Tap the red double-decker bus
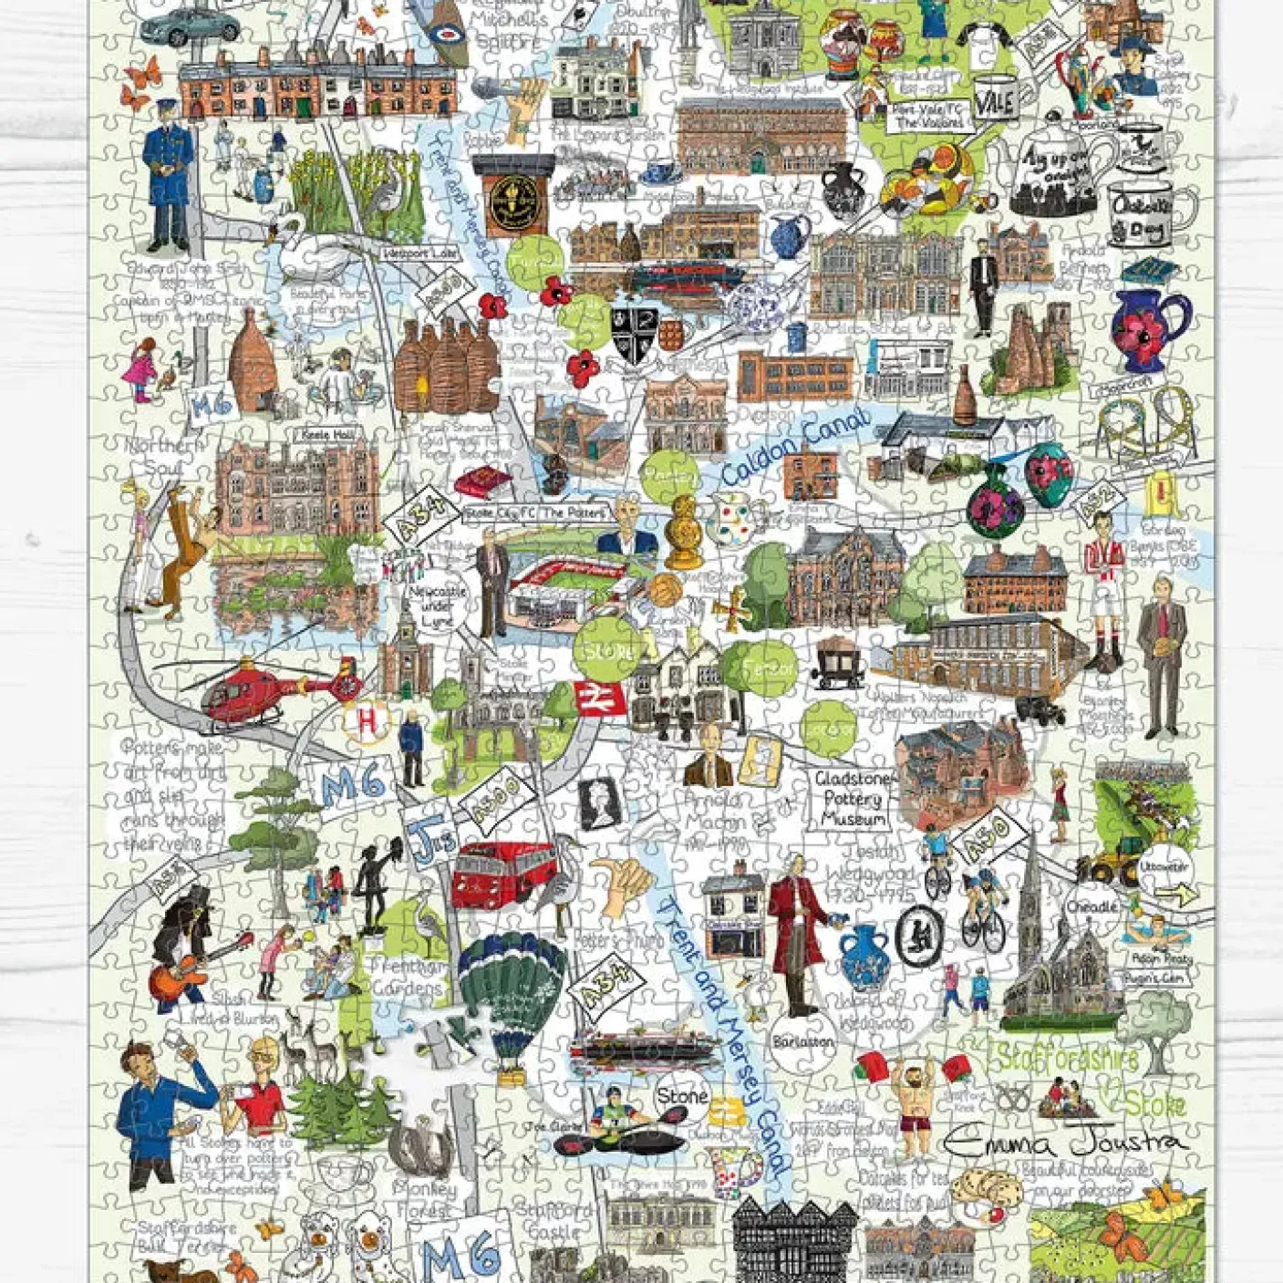[502, 873]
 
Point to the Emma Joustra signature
[1064, 1140]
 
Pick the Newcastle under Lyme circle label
[437, 605]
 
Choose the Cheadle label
[1092, 907]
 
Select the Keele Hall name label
[325, 437]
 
